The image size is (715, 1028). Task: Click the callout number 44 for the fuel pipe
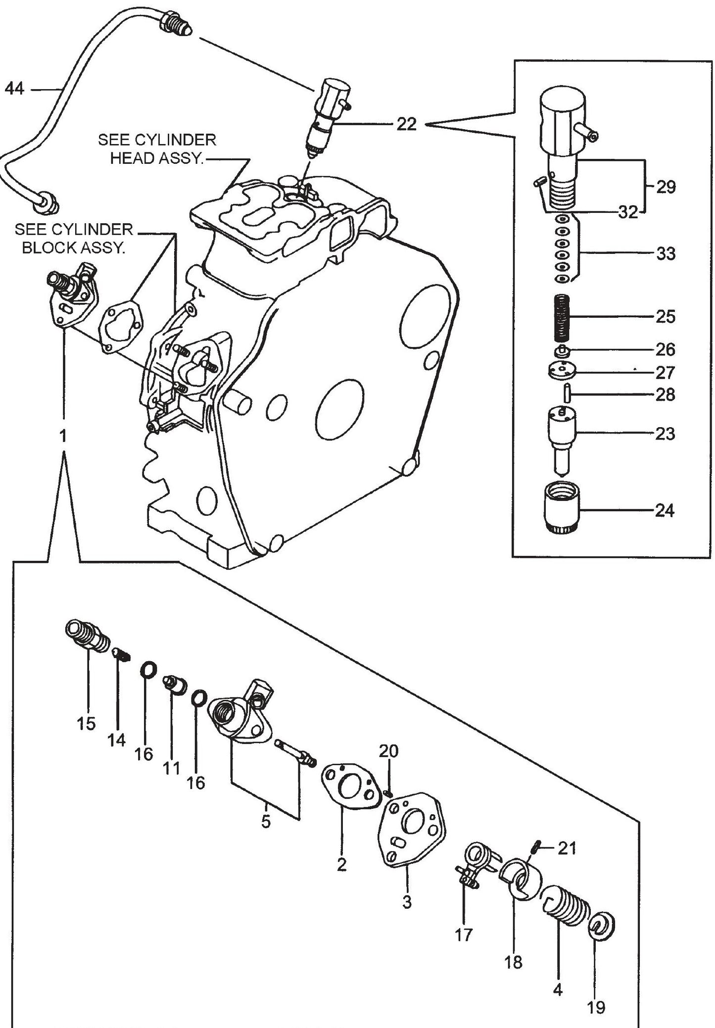14,90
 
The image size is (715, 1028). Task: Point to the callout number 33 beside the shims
665,254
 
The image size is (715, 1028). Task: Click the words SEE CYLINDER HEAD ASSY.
157,149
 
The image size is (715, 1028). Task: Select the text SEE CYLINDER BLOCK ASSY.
74,239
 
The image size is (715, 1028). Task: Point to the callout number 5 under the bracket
266,822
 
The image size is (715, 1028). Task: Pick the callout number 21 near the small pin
567,848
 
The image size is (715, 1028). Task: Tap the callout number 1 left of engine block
62,436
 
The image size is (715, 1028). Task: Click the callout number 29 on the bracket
666,187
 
